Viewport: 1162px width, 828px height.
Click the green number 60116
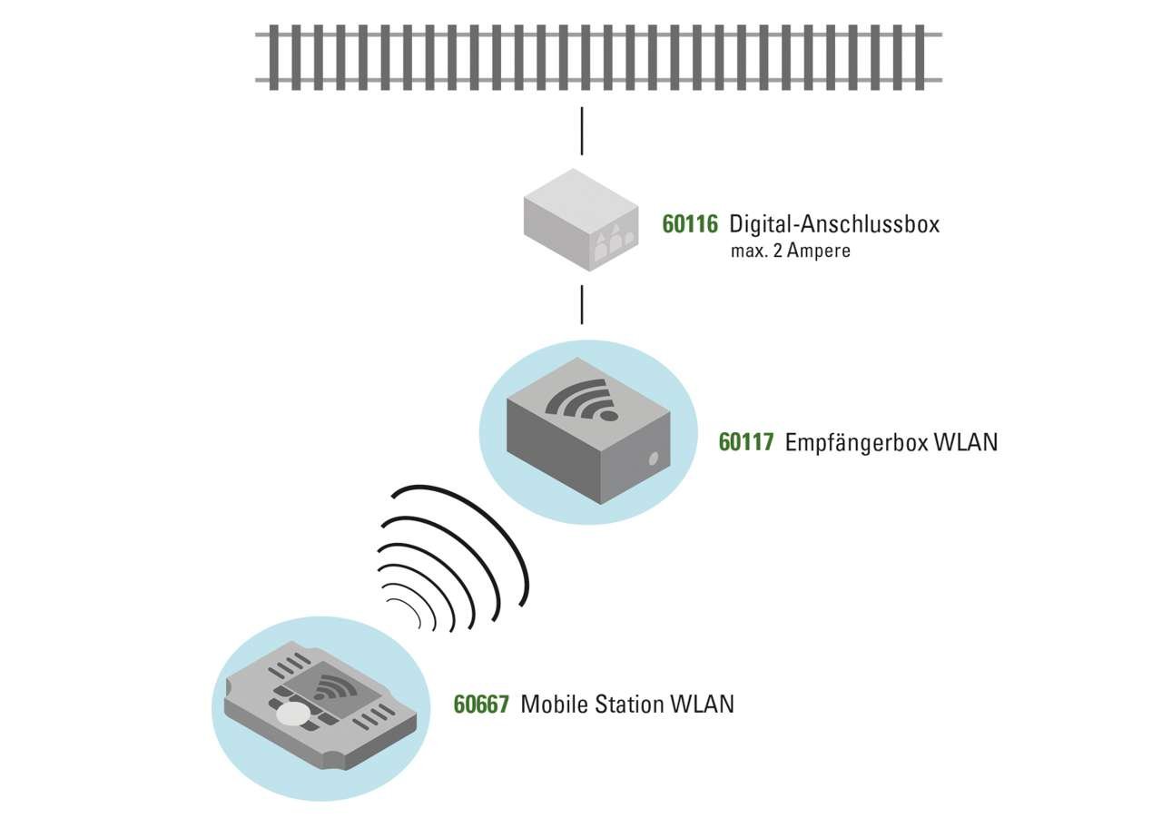(690, 223)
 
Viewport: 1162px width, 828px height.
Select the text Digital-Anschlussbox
(834, 223)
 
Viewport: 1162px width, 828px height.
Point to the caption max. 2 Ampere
(790, 251)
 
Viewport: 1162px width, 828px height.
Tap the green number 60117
(746, 442)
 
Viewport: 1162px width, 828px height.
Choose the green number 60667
(481, 705)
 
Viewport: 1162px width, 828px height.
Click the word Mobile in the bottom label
(554, 705)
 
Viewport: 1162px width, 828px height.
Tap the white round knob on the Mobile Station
(292, 715)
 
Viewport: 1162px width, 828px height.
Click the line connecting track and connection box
(582, 131)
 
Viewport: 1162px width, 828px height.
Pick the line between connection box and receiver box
(582, 304)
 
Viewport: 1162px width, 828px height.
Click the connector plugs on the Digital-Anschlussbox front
(609, 241)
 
